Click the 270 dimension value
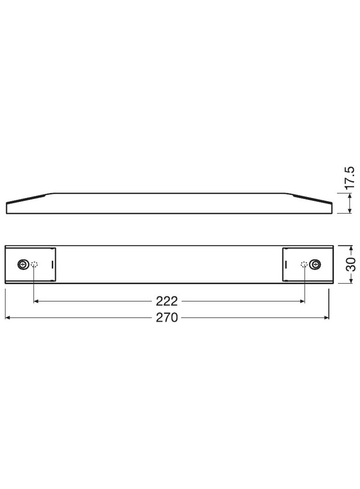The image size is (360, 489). (166, 317)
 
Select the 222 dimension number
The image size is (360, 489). (166, 301)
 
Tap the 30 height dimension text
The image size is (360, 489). (351, 265)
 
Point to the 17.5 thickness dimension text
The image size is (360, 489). (350, 178)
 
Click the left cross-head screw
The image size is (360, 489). (22, 264)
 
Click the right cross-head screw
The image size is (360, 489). (315, 264)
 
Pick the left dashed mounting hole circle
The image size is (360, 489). (34, 264)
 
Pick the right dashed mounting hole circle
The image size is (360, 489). (304, 264)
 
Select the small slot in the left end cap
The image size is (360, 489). (52, 264)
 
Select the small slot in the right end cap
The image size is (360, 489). (285, 264)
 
